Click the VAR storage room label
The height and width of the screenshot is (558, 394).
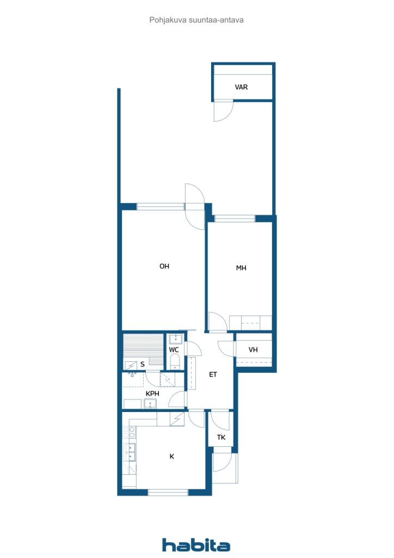point(241,87)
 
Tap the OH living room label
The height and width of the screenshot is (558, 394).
point(164,266)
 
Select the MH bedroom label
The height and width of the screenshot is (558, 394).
point(241,268)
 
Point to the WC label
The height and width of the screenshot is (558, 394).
point(174,350)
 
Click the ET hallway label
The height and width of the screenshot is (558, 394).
point(213,374)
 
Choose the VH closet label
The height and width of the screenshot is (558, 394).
point(253,350)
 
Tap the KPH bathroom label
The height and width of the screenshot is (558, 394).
point(152,393)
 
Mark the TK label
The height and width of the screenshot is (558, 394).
point(221,438)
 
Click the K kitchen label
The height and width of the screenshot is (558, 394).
point(172,456)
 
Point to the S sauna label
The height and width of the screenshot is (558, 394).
point(143,364)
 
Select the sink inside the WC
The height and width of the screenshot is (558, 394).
point(176,339)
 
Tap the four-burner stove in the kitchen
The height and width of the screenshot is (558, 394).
point(129,432)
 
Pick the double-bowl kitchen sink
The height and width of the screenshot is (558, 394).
point(131,452)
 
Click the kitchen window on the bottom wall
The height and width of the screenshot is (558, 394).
point(168,492)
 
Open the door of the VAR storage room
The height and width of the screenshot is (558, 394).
point(223,111)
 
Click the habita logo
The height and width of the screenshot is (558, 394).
point(196,545)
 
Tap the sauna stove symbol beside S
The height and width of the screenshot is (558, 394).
point(131,365)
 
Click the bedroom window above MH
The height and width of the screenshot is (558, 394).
point(235,218)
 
